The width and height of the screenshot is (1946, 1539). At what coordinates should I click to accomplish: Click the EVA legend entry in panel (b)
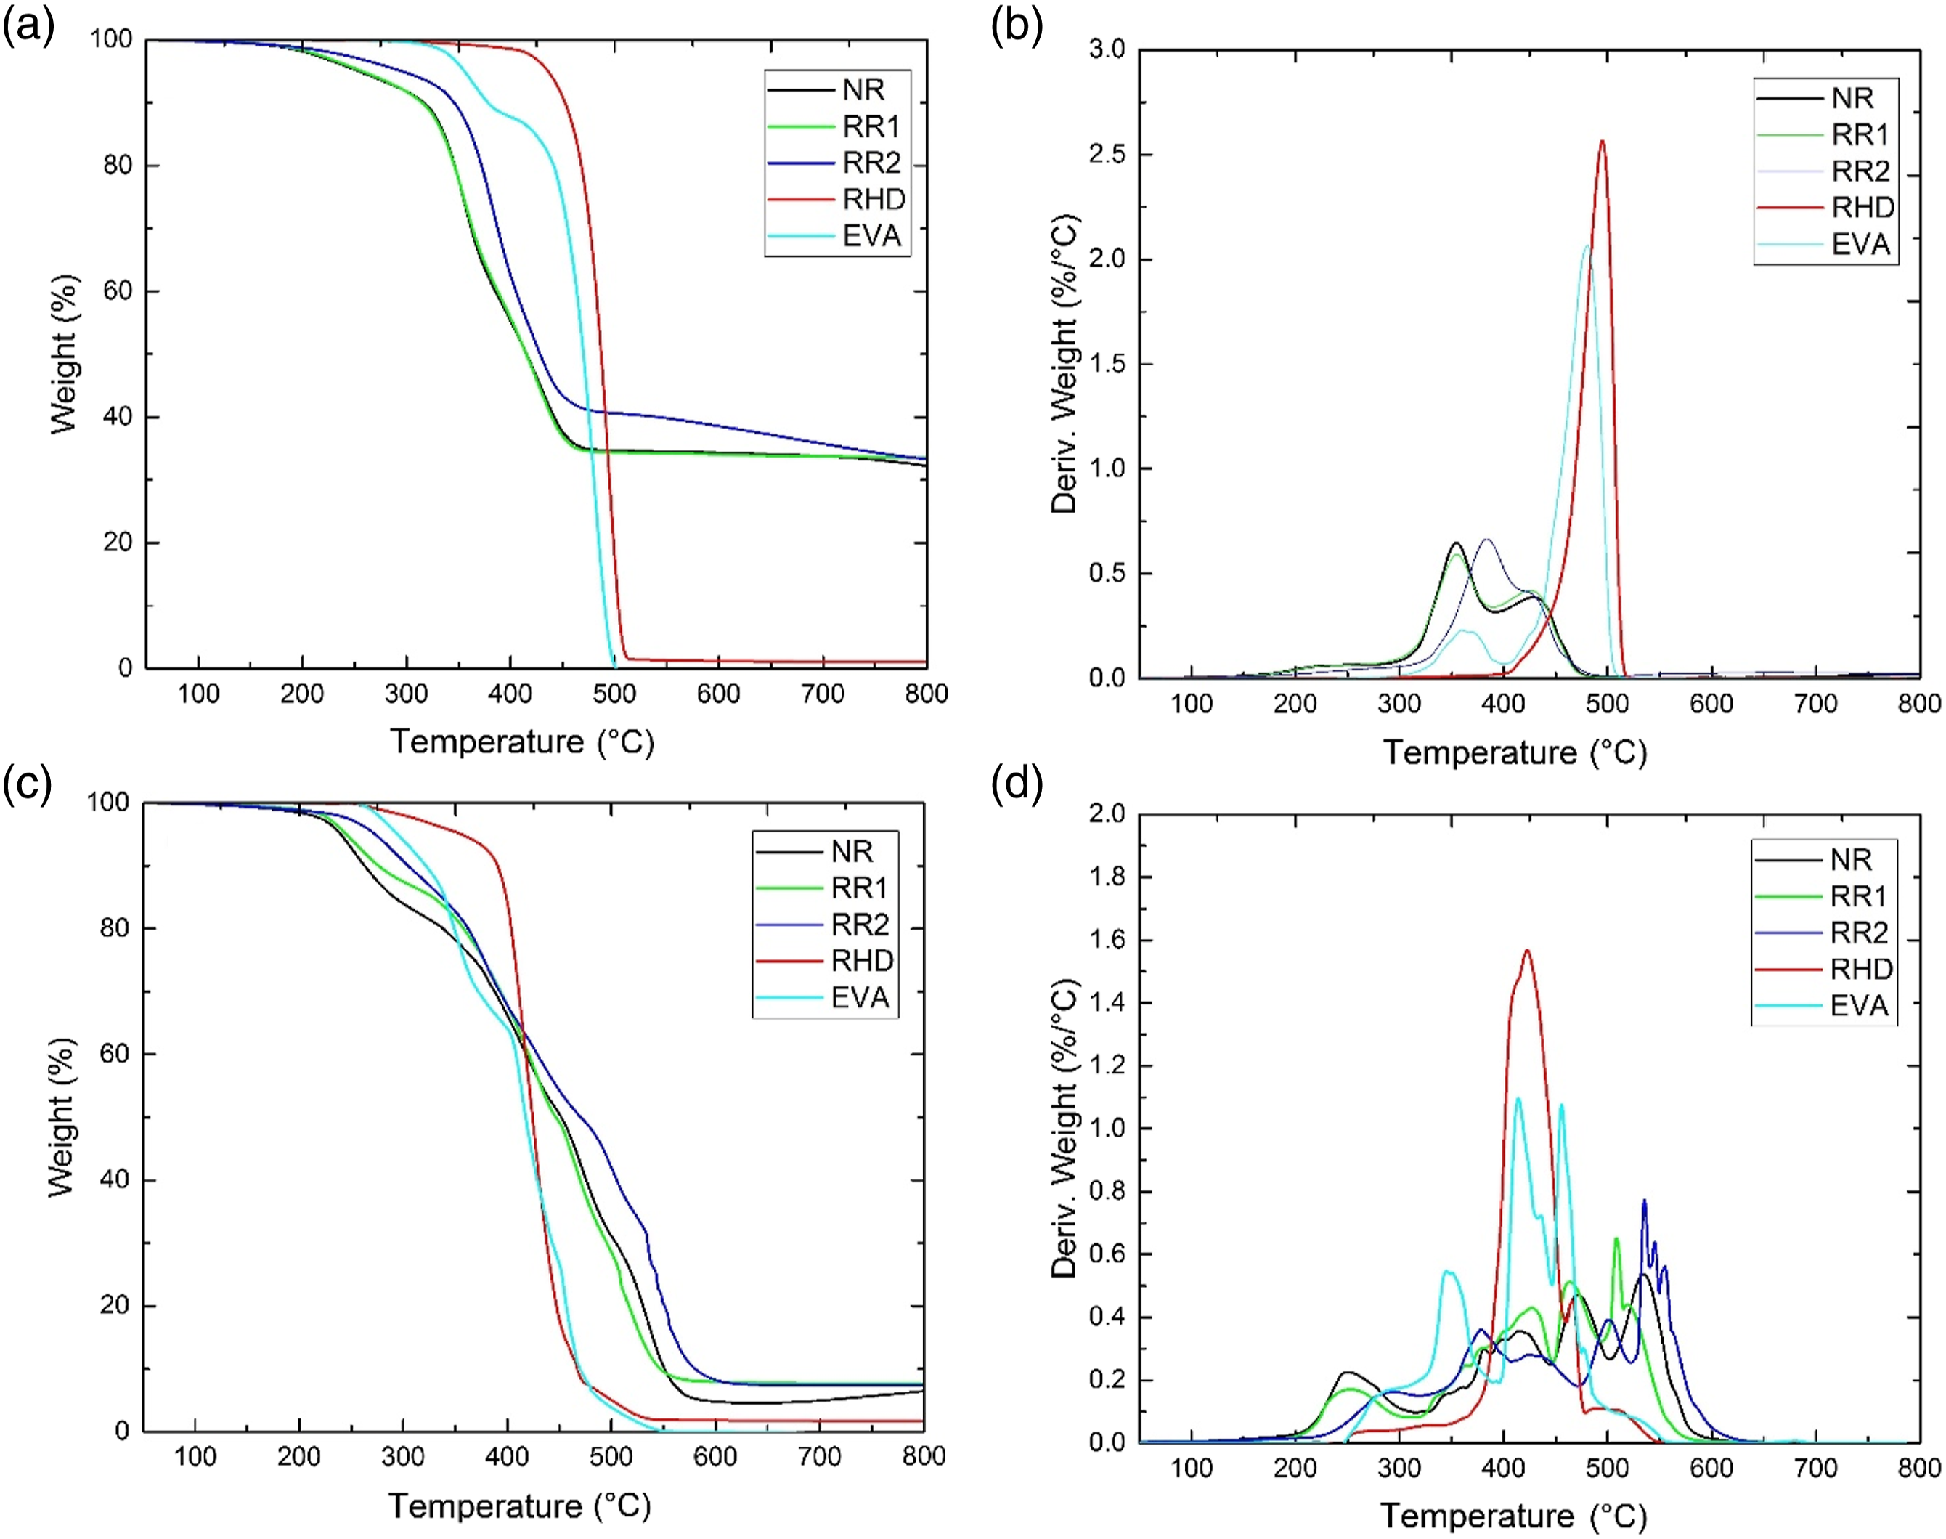click(1825, 244)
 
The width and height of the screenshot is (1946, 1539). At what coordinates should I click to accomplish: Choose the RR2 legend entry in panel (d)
click(1823, 933)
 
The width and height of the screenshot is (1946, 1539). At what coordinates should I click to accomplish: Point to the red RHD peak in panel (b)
click(1602, 141)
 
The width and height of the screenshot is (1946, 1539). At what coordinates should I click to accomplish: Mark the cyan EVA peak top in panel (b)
click(1587, 246)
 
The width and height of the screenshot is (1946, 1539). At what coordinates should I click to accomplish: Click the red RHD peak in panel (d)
click(1527, 950)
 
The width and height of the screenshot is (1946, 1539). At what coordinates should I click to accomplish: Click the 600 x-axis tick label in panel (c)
click(715, 1457)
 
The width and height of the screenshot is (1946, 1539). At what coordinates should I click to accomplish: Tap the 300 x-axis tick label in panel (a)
click(407, 694)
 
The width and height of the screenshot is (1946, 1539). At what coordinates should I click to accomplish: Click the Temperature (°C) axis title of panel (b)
click(1515, 752)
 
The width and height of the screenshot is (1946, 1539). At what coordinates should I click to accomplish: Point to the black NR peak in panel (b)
click(1456, 543)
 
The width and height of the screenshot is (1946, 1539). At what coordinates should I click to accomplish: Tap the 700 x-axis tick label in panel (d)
click(1815, 1468)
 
